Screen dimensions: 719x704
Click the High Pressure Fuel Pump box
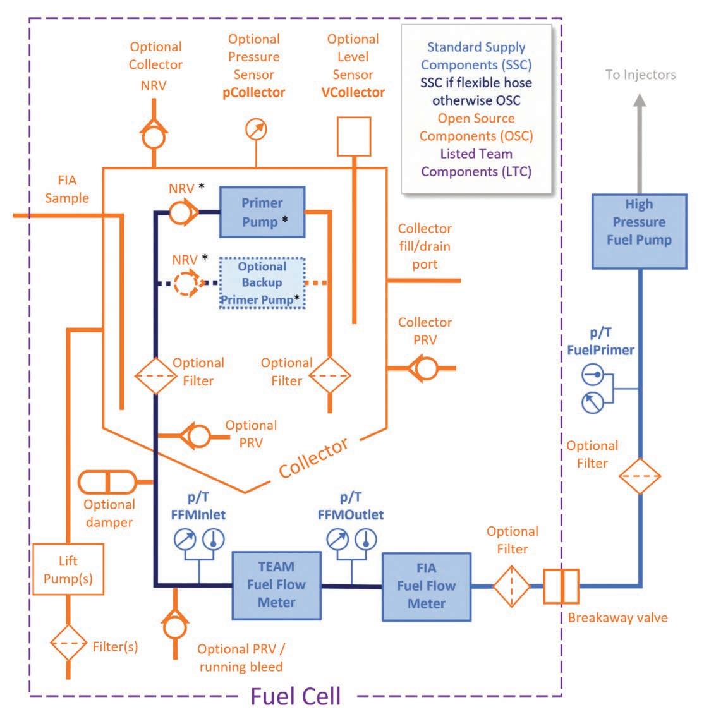[639, 231]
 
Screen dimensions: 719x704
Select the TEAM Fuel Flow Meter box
[276, 584]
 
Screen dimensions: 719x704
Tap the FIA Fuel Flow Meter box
[427, 586]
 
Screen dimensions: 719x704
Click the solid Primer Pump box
[262, 212]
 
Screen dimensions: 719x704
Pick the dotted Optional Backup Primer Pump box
[262, 282]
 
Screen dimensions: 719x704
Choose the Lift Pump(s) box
[68, 569]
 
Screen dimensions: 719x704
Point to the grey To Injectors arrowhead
[640, 101]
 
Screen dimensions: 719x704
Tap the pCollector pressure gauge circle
[256, 130]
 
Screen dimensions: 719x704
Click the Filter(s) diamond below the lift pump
[68, 643]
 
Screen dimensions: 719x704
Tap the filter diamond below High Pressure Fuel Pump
[640, 476]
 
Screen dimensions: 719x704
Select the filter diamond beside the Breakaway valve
[511, 586]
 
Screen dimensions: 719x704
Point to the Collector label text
[313, 457]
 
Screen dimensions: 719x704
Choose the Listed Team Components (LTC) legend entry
[476, 162]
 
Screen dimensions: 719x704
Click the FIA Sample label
[67, 189]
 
